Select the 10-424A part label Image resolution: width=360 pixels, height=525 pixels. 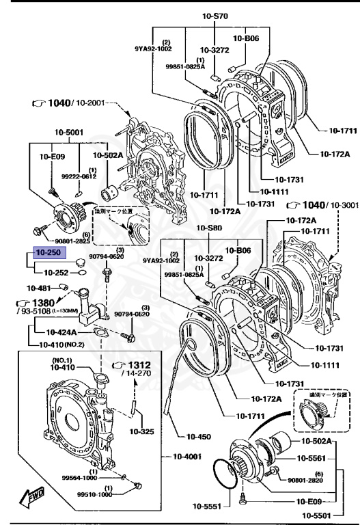pyautogui.click(x=62, y=332)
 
